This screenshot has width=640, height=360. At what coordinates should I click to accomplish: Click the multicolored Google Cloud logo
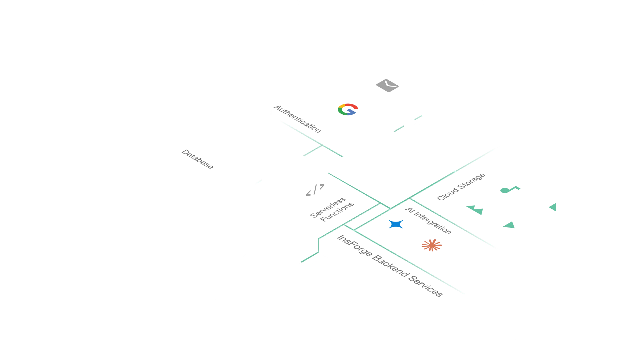[348, 109]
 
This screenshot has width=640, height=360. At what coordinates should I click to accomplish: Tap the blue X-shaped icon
[396, 224]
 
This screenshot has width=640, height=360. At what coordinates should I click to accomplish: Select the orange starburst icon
[432, 245]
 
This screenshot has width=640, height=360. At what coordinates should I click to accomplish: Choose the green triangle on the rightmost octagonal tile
[553, 207]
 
